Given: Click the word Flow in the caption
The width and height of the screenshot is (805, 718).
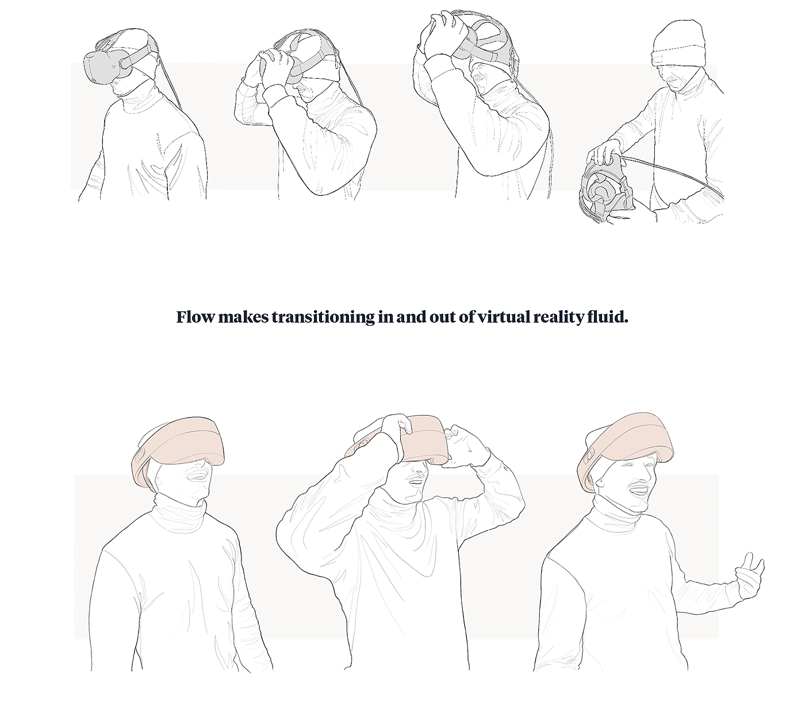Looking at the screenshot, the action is tap(195, 317).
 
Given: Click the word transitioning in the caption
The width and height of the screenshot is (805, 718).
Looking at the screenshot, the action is tap(323, 318).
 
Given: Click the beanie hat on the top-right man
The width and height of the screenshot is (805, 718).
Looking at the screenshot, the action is tap(678, 44).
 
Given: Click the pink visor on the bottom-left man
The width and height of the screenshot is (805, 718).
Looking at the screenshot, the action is tap(179, 449).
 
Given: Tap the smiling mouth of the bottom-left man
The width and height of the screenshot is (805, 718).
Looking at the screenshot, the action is tap(197, 476).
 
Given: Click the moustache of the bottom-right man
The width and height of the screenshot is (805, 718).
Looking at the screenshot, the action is tap(638, 487).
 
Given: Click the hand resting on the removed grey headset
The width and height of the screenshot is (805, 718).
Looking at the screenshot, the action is tap(604, 155).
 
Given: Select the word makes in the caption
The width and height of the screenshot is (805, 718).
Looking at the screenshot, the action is tap(243, 317).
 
